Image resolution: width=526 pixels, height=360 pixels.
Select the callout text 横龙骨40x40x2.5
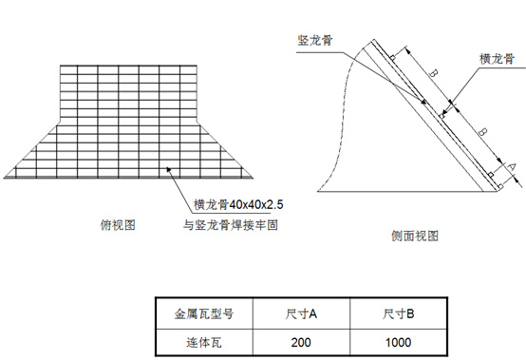tap(229, 203)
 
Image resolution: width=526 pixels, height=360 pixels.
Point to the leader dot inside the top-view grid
tap(168, 170)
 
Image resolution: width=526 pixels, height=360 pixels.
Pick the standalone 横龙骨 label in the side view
tap(498, 58)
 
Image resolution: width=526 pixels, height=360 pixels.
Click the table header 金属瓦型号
tap(202, 312)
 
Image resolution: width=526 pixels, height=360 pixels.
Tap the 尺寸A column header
tap(301, 312)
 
